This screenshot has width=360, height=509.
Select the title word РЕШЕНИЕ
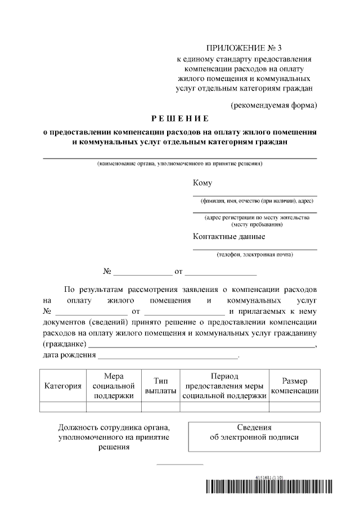pyautogui.click(x=180, y=119)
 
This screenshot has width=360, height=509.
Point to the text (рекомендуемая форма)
pyautogui.click(x=274, y=105)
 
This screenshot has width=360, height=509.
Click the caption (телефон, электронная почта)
pyautogui.click(x=255, y=255)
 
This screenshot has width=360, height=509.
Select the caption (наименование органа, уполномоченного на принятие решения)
pyautogui.click(x=180, y=164)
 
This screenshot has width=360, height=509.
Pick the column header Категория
pyautogui.click(x=63, y=386)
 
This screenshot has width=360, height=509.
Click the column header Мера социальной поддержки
pyautogui.click(x=114, y=386)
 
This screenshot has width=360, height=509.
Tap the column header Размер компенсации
pyautogui.click(x=295, y=386)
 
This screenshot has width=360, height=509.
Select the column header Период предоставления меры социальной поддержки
pyautogui.click(x=224, y=386)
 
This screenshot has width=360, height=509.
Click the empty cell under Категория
pyautogui.click(x=63, y=408)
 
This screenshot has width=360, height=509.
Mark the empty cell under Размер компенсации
pyautogui.click(x=295, y=408)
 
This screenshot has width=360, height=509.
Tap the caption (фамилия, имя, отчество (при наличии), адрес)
pyautogui.click(x=255, y=201)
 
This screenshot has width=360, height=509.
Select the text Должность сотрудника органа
pyautogui.click(x=114, y=427)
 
